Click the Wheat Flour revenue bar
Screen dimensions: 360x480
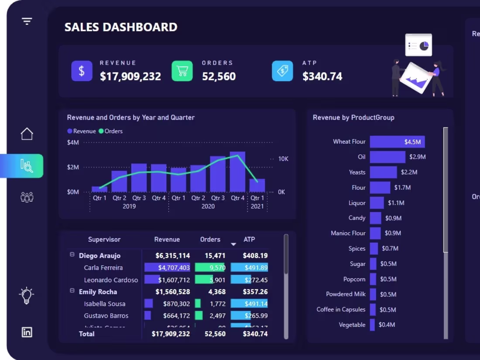[397, 142]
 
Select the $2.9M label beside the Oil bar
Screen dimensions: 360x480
[417, 157]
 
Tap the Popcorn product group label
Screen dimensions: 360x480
[354, 279]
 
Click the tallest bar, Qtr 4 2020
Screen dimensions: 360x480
[237, 172]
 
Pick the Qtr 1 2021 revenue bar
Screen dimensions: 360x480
[257, 185]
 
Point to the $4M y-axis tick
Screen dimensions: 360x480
[73, 142]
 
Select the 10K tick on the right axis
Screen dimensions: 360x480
[283, 159]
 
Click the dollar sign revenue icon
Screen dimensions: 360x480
[82, 71]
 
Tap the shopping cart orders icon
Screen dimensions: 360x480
[182, 71]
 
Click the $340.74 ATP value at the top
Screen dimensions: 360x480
[322, 77]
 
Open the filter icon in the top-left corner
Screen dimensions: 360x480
[27, 21]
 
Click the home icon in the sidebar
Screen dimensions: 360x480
[27, 134]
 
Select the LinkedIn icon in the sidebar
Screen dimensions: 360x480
[27, 332]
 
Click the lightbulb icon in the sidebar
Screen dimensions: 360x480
[27, 295]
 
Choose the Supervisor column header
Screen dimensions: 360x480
[104, 240]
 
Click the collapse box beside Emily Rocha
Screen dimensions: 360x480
[72, 291]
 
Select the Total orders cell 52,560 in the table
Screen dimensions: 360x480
[215, 334]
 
